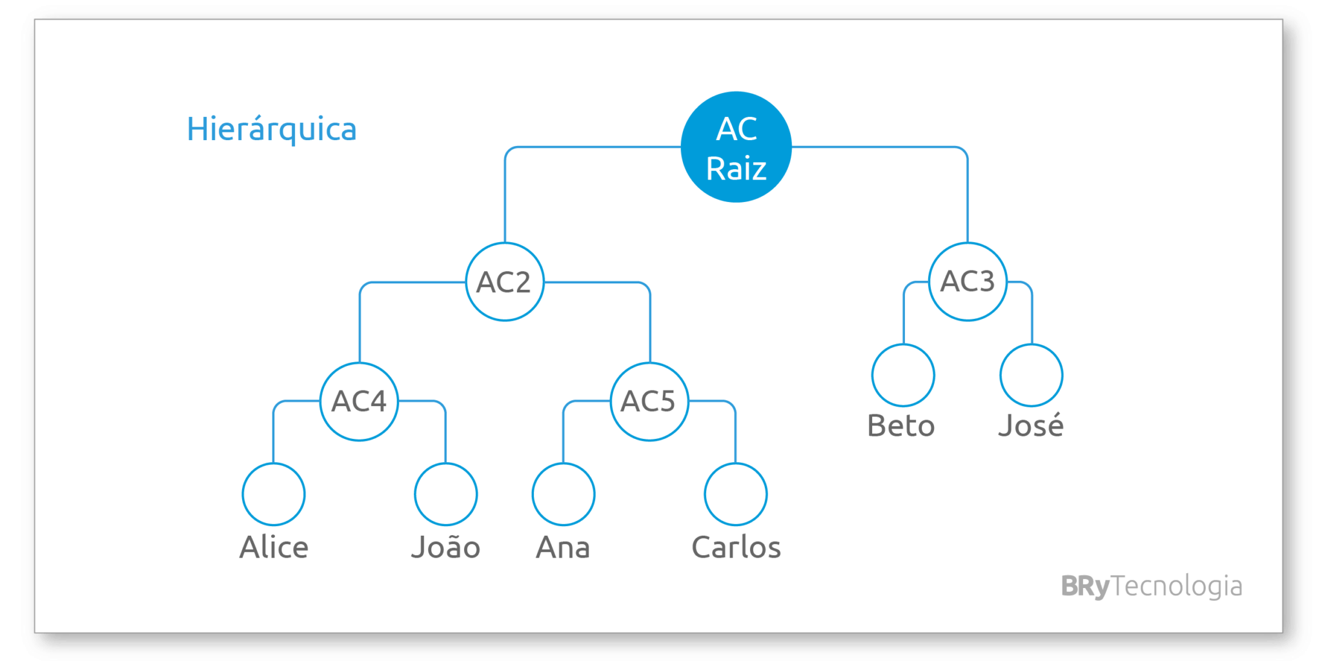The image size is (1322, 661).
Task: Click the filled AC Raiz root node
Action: click(x=736, y=147)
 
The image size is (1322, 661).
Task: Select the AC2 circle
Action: click(x=505, y=282)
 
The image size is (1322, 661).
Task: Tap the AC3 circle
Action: click(x=968, y=282)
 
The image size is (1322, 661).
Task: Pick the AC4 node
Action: click(x=360, y=402)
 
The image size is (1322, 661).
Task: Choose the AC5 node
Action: click(x=649, y=402)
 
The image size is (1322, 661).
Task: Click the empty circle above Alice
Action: click(x=274, y=463)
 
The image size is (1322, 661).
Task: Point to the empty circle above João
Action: click(x=446, y=463)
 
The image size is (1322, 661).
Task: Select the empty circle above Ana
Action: click(x=564, y=463)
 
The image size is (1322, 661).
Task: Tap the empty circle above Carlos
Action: click(x=736, y=463)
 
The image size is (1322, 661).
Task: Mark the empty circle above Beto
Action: click(x=903, y=345)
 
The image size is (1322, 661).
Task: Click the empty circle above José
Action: click(x=1032, y=345)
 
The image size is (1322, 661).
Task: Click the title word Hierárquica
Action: click(x=272, y=130)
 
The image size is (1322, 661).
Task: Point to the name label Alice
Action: click(x=274, y=547)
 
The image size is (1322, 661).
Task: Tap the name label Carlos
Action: click(x=736, y=547)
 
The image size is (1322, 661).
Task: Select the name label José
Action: click(x=1031, y=425)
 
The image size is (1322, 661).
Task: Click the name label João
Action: click(x=446, y=547)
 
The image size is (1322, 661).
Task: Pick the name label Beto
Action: click(x=901, y=426)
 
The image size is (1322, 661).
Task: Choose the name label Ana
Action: click(x=563, y=547)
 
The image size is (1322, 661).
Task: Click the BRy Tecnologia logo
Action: click(x=1152, y=586)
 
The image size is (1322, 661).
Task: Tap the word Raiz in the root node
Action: click(x=736, y=169)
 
